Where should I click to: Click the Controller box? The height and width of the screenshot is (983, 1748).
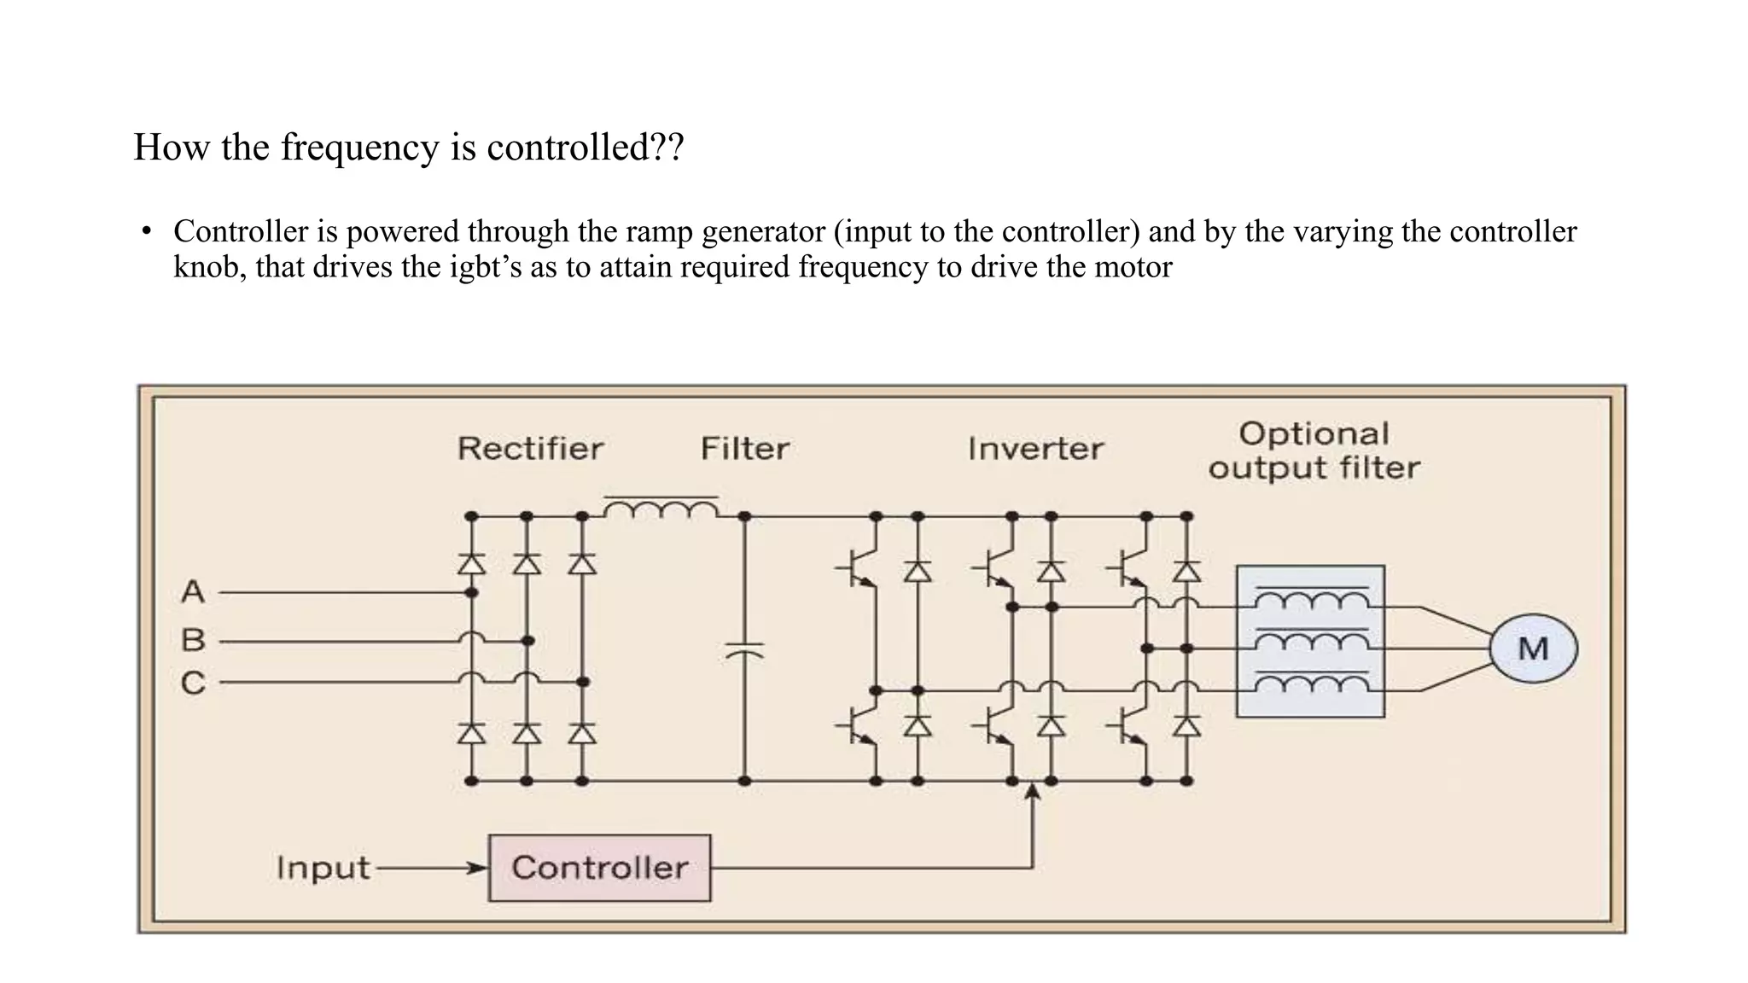tap(599, 868)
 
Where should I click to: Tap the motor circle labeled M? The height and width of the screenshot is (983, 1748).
tap(1533, 649)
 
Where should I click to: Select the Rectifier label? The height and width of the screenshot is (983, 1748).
tap(530, 448)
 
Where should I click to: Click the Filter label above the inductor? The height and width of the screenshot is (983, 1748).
tap(744, 448)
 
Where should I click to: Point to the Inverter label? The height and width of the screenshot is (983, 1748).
tap(1035, 448)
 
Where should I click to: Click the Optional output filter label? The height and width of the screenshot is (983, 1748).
tap(1314, 451)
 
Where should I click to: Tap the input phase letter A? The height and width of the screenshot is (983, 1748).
tap(193, 591)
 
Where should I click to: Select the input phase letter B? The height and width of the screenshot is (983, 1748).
tap(194, 639)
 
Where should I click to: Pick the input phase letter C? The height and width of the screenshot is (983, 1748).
tap(194, 683)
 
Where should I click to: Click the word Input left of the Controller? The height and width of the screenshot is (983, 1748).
tap(323, 868)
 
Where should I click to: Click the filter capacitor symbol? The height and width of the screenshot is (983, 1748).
tap(744, 650)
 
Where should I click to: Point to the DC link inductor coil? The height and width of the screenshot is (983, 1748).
tap(661, 509)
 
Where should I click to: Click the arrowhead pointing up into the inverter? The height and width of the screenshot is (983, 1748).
tap(1033, 791)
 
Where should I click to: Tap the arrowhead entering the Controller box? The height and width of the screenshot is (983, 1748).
tap(477, 869)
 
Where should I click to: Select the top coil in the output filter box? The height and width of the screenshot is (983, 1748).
tap(1311, 601)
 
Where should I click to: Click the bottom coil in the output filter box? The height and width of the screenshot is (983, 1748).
tap(1311, 683)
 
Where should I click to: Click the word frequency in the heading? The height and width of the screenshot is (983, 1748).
tap(359, 148)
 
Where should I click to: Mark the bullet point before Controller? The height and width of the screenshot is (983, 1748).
tap(147, 231)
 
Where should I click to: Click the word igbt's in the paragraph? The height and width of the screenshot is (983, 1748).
tap(487, 267)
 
